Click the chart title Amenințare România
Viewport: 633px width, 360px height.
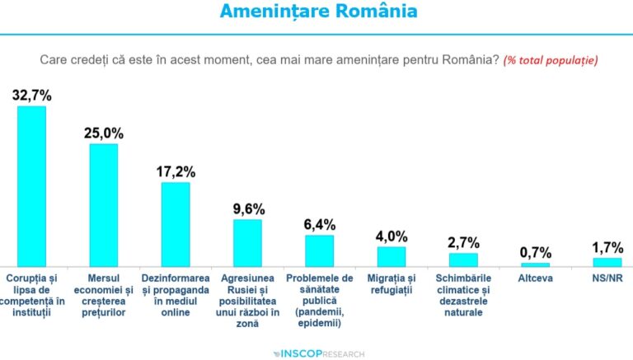coord(317,12)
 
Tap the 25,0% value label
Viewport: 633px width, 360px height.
coord(103,133)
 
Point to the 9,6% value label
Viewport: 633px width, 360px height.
coord(247,208)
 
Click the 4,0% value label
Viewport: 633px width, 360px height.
coord(392,236)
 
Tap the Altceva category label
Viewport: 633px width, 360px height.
coord(535,278)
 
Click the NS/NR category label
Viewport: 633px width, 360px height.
coord(607,278)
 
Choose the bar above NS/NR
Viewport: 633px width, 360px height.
coord(607,262)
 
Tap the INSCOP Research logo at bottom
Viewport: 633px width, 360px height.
coord(317,353)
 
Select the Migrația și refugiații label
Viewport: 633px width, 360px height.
coord(391,284)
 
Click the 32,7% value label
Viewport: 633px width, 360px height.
coord(31,95)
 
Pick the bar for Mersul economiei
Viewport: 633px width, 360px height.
coord(103,205)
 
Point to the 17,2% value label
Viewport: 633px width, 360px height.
coord(176,171)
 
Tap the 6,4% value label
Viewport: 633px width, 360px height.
coord(319,224)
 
